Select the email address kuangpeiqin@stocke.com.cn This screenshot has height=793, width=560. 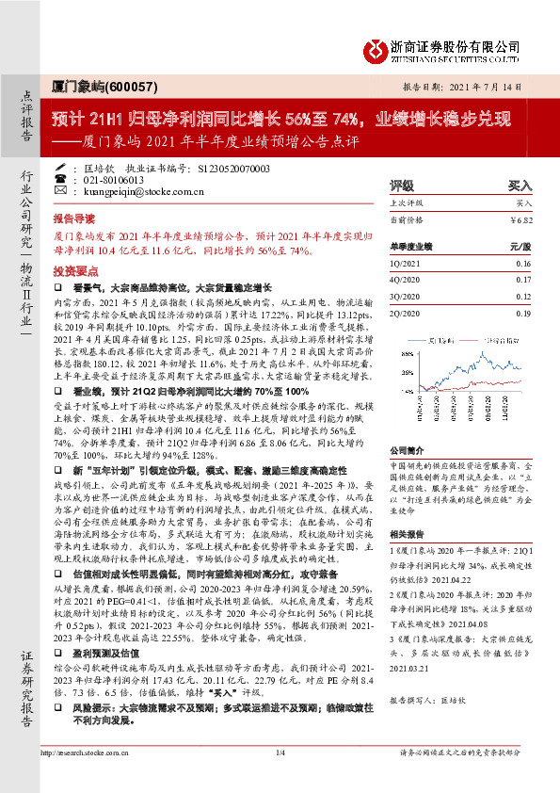(137, 190)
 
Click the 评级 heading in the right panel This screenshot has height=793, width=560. (402, 186)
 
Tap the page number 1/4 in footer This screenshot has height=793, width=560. (280, 779)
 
